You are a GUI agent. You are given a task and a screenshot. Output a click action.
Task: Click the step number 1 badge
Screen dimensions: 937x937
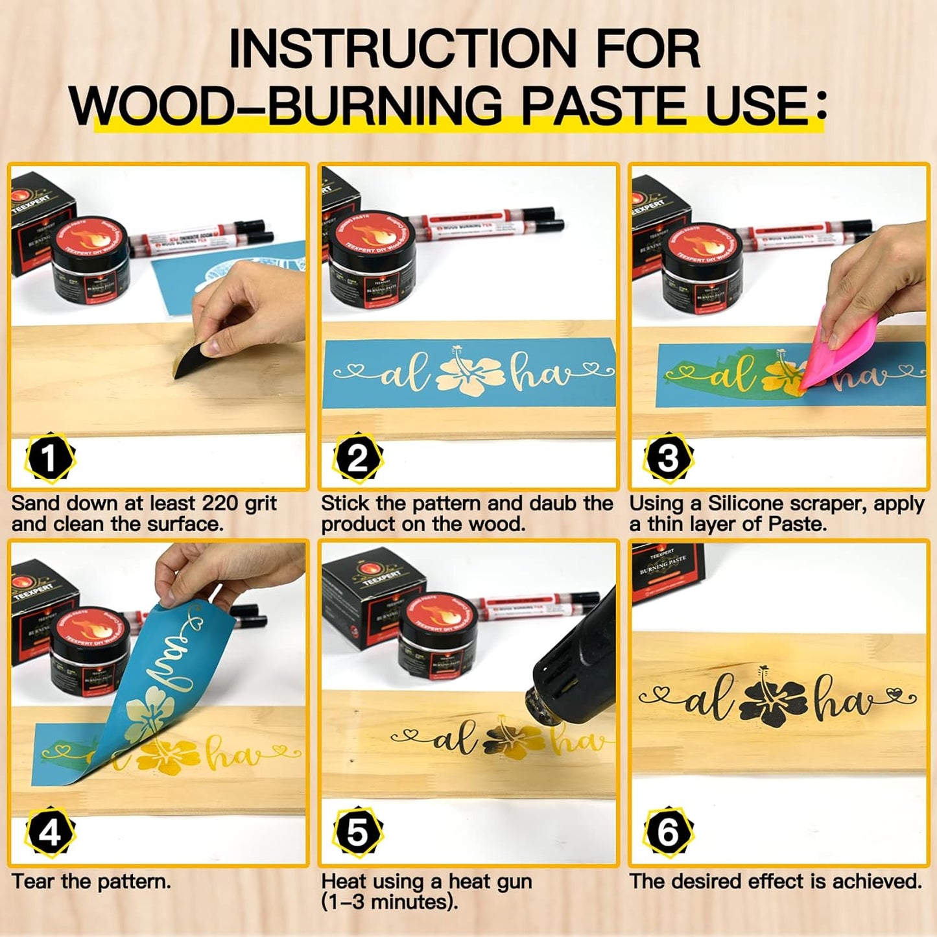coord(49,458)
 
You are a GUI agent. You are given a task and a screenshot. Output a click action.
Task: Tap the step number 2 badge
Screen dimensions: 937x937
coord(357,458)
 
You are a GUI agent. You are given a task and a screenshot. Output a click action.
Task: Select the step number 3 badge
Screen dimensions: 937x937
coord(668,458)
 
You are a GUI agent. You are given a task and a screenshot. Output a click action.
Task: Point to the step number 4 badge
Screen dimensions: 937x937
coord(49,833)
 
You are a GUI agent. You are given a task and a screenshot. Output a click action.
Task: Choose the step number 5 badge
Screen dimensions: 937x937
coord(357,833)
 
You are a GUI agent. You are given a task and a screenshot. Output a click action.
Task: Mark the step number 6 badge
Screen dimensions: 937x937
coord(668,833)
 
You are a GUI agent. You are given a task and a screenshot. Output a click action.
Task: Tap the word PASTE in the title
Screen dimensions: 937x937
coord(606,105)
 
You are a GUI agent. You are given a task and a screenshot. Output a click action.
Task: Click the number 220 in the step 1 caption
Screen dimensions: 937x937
coord(221,503)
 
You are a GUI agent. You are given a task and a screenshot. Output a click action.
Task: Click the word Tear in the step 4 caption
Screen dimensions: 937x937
coord(33,881)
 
